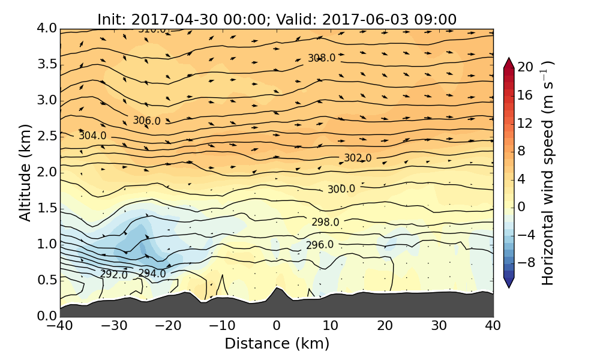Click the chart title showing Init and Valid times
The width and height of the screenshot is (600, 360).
(277, 19)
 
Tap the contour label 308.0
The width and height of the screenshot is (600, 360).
(322, 58)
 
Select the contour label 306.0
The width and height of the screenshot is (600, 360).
(146, 121)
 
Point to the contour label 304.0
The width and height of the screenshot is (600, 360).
(92, 136)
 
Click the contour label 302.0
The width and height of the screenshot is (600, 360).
(358, 158)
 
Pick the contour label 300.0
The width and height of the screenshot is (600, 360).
(341, 189)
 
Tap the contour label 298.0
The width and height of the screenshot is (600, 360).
(325, 222)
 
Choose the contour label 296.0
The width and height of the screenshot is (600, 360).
(320, 245)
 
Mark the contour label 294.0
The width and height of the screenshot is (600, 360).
(152, 273)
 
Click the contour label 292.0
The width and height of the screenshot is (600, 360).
(114, 274)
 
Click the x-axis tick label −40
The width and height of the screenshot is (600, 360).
(60, 326)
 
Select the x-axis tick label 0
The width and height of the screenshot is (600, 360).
(277, 326)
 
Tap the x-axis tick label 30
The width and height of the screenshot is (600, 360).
(439, 326)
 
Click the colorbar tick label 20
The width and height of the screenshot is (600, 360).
(526, 67)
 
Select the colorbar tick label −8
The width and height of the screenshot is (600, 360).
(526, 262)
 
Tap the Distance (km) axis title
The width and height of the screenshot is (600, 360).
(277, 344)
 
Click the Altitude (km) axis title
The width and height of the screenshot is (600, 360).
(25, 172)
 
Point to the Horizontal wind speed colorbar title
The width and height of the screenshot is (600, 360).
(548, 172)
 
